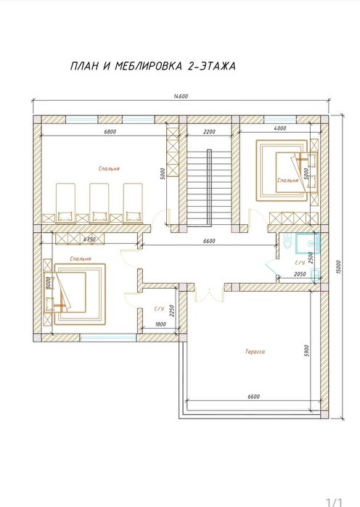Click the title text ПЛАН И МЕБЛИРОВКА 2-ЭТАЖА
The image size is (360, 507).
click(x=152, y=66)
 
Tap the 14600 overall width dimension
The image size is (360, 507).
click(x=181, y=96)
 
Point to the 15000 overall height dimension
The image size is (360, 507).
click(x=338, y=267)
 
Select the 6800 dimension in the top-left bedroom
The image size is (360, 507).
click(x=110, y=131)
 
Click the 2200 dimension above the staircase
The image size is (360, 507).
click(x=209, y=131)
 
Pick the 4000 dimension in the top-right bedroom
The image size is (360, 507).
click(x=279, y=128)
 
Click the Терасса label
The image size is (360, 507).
click(x=255, y=352)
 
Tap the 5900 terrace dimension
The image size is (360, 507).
click(x=306, y=351)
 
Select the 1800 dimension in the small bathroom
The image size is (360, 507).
click(x=160, y=324)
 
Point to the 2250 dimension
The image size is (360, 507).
click(x=172, y=311)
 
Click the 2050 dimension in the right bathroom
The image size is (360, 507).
click(x=300, y=274)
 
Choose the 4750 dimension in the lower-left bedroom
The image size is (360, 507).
click(x=89, y=239)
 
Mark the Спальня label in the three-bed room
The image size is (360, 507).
click(x=109, y=168)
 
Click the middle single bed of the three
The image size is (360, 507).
click(x=99, y=203)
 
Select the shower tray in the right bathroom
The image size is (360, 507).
click(x=307, y=243)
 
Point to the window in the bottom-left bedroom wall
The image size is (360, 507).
click(x=108, y=338)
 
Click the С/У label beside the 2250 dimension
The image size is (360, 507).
click(x=159, y=309)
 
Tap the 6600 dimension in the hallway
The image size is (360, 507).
click(x=209, y=241)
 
